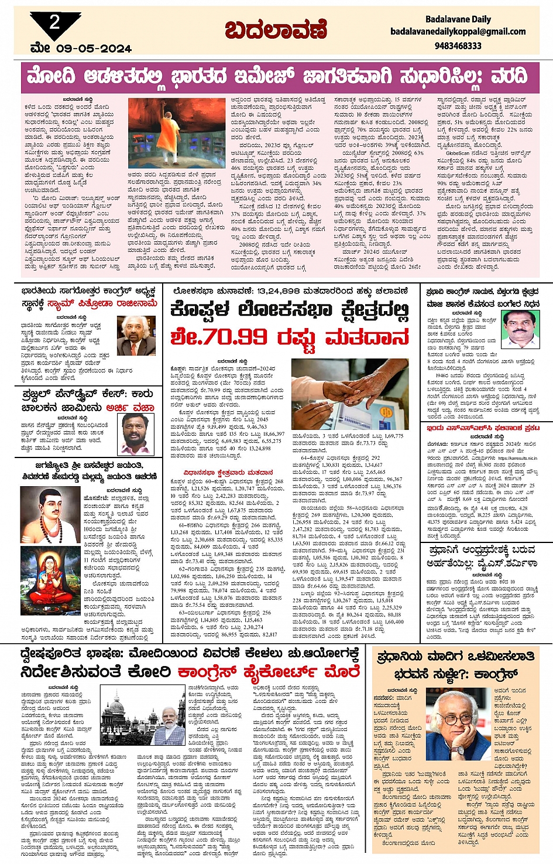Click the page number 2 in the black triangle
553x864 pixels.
pyautogui.click(x=54, y=23)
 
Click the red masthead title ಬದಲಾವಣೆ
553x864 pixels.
pyautogui.click(x=276, y=30)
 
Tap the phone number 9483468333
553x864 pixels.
pyautogui.click(x=458, y=46)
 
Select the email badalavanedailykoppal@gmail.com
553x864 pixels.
pyautogui.click(x=458, y=32)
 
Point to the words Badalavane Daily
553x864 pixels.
pyautogui.click(x=458, y=19)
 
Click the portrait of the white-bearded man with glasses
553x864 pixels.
pyautogui.click(x=136, y=335)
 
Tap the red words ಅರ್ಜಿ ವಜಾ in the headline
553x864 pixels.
pyautogui.click(x=130, y=407)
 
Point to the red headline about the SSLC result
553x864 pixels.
pyautogui.click(x=483, y=428)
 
